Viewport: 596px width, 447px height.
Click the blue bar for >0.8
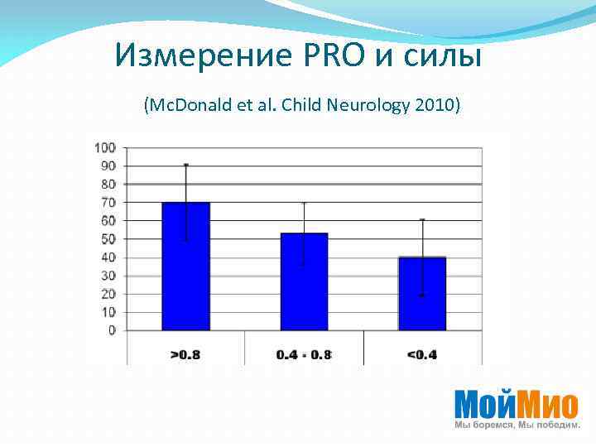tap(186, 266)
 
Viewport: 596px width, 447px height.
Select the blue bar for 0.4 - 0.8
tap(304, 281)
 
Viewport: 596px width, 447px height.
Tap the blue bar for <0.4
tap(422, 293)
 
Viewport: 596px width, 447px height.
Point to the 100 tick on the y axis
tap(105, 147)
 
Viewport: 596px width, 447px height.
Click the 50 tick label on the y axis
tap(108, 239)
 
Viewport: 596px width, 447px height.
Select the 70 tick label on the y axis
tap(108, 203)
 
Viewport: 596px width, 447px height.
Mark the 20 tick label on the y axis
tap(108, 294)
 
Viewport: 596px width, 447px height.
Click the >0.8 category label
tap(185, 355)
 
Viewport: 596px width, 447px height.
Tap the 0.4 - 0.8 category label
tap(304, 355)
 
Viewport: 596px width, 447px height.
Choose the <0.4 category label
tap(422, 355)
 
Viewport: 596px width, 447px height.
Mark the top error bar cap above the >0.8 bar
tap(186, 165)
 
